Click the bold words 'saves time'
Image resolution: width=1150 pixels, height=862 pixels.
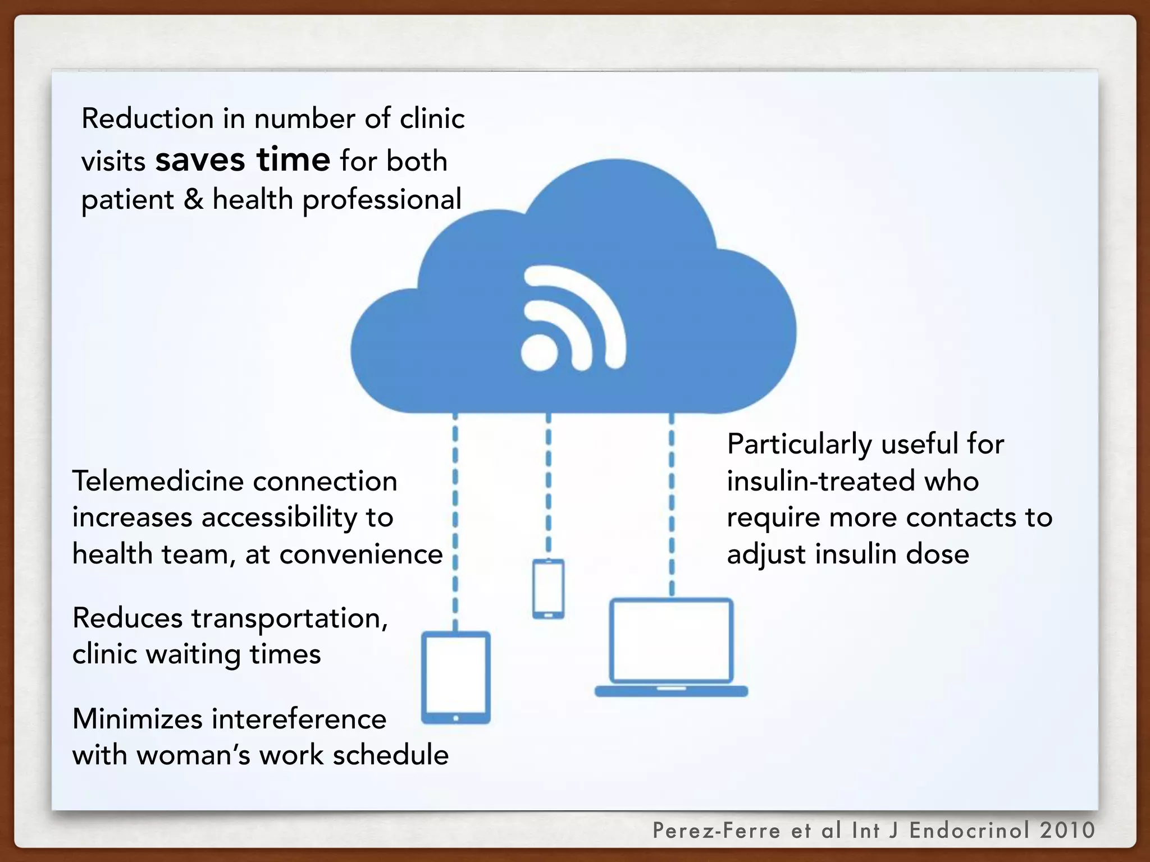point(243,161)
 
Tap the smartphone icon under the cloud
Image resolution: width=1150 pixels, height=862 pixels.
point(548,589)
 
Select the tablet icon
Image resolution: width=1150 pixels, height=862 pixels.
point(456,677)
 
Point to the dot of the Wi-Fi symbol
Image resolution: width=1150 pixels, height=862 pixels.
point(540,352)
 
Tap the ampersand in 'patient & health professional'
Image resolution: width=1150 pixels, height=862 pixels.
point(193,200)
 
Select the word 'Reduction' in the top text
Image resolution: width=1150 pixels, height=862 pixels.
point(148,119)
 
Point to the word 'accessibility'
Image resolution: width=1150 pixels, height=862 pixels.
point(279,518)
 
